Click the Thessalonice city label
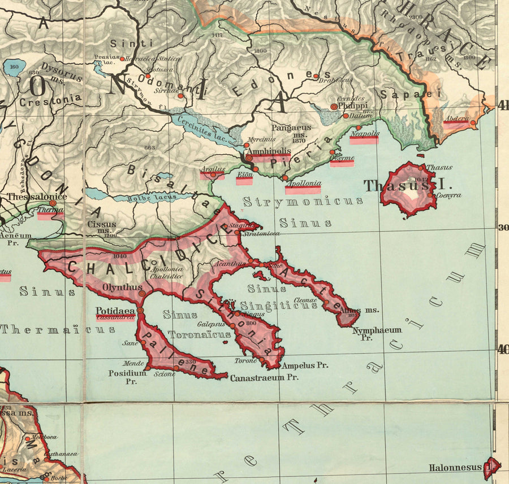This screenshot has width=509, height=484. [x=37, y=197]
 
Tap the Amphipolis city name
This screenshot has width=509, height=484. [x=269, y=152]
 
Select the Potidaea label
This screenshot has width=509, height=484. [x=115, y=311]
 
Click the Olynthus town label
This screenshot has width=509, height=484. [x=122, y=287]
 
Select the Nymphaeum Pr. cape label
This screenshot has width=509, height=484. [x=377, y=333]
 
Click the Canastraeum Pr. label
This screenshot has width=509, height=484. [x=264, y=377]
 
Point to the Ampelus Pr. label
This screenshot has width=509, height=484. [x=305, y=365]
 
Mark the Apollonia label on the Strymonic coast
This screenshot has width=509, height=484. [x=304, y=184]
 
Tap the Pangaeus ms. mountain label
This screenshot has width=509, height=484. [x=291, y=132]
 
